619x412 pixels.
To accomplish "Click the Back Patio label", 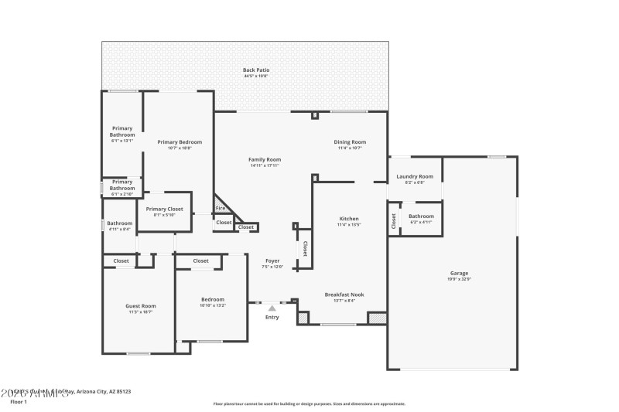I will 256,70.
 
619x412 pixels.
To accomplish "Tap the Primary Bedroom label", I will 180,142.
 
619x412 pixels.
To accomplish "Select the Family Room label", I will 265,159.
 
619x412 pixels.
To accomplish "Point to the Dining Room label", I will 350,142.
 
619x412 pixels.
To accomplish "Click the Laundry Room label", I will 415,177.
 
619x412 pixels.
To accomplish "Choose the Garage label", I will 459,273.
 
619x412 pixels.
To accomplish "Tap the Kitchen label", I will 349,219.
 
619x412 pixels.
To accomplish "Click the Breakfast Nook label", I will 344,295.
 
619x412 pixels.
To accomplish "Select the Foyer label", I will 272,261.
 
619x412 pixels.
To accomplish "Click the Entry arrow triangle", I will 272,308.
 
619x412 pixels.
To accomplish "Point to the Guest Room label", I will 141,306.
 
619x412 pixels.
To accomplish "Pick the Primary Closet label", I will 164,209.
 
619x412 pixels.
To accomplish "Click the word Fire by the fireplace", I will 221,208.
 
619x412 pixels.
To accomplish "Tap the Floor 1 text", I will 19,402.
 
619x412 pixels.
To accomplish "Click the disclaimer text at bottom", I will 309,403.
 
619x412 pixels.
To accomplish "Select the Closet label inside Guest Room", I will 121,261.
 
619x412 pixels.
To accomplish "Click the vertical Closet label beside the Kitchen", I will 305,248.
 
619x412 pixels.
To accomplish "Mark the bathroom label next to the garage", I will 421,216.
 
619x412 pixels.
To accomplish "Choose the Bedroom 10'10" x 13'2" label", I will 213,300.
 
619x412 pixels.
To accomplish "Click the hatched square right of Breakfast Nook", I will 377,318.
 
